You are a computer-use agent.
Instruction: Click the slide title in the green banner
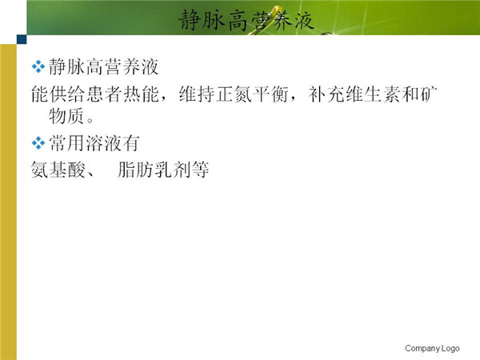tap(246, 20)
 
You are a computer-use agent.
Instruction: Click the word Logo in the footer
tap(450, 348)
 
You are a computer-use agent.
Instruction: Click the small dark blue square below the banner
tap(22, 39)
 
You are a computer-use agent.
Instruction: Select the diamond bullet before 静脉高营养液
tap(38, 66)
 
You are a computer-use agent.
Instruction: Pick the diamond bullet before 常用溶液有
tap(38, 143)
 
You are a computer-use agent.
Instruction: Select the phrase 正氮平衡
tap(252, 94)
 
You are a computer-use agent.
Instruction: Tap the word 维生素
tap(373, 94)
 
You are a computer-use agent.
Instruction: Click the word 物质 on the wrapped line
tap(66, 116)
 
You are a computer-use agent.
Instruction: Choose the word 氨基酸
tap(58, 170)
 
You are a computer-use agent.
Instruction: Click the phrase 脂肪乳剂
tap(154, 170)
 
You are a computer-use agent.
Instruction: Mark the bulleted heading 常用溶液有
tap(94, 143)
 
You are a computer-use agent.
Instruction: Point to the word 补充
tap(326, 94)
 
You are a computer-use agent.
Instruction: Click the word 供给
tap(67, 94)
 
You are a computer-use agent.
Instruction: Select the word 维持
tap(197, 94)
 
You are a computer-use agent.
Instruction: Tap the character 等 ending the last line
tap(200, 170)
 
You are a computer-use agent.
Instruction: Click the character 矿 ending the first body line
tap(428, 94)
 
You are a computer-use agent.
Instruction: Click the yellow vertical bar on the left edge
tap(8, 202)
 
